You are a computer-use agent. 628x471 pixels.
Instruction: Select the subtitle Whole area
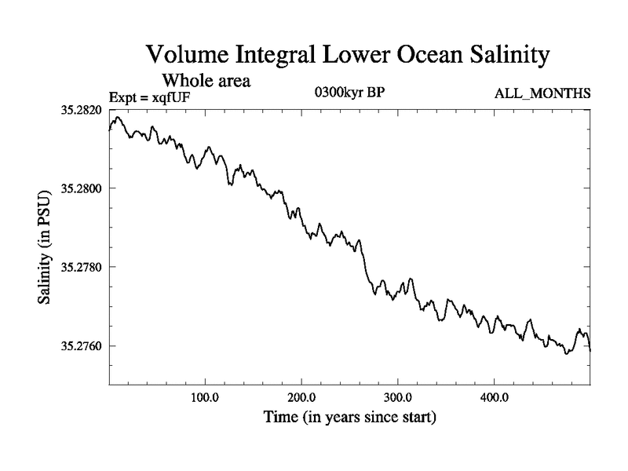206,80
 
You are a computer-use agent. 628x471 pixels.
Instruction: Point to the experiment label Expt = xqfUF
150,97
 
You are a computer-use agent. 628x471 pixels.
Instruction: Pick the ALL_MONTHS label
542,94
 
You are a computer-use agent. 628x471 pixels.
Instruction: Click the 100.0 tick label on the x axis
205,396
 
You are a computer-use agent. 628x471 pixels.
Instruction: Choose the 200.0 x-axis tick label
301,396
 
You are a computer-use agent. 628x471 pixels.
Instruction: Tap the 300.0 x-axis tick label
398,396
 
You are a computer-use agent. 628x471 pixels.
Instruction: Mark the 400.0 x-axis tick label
495,396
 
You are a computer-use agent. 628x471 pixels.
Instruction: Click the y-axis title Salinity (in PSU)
46,246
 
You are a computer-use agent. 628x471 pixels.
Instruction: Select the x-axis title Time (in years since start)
349,417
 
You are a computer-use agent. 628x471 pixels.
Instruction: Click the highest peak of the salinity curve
117,117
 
